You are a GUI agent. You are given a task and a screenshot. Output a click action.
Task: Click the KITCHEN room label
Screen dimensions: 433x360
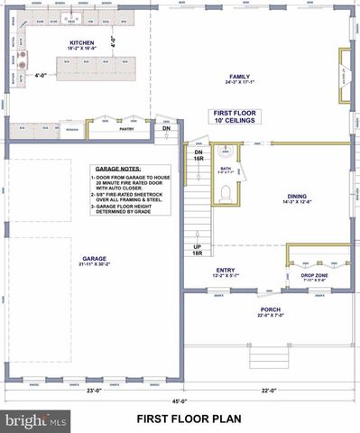coord(82,42)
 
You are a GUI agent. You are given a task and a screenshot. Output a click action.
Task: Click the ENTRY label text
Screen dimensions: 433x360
coord(225,269)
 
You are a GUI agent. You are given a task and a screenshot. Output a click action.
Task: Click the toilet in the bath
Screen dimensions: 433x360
coord(225,191)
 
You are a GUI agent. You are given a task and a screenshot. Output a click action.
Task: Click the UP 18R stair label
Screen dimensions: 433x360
coord(198,250)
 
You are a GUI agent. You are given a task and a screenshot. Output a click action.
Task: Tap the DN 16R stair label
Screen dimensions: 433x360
coord(199,154)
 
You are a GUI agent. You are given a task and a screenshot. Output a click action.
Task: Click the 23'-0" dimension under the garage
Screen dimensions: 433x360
coord(93,390)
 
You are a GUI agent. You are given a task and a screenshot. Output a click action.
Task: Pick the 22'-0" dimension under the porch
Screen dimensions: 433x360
coord(270,390)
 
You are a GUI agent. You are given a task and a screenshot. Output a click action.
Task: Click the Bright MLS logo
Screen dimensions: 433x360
coord(36,420)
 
